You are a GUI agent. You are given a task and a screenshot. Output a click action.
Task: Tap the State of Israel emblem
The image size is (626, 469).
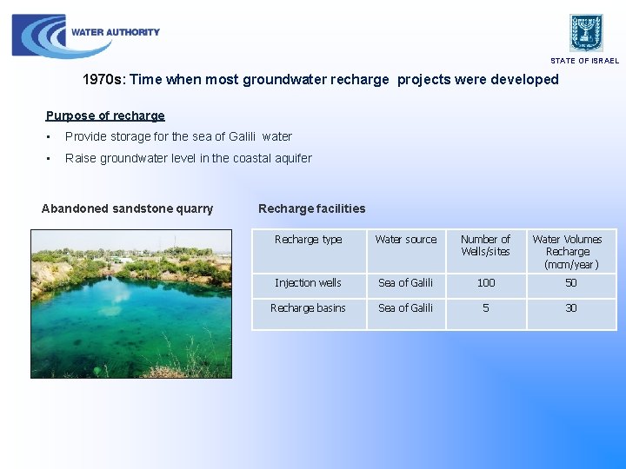click(x=586, y=32)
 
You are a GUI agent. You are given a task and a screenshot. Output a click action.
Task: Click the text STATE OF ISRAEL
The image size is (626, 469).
click(x=584, y=61)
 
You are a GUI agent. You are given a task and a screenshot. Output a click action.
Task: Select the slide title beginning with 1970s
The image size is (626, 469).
click(x=320, y=80)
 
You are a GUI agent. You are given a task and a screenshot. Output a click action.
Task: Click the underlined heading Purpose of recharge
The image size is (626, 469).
click(x=105, y=116)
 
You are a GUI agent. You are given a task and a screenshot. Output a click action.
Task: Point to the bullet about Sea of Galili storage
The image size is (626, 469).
click(x=178, y=136)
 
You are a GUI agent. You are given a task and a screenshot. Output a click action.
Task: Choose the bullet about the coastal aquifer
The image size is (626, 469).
click(x=188, y=158)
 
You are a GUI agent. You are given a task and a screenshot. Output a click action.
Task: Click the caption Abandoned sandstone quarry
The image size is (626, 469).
click(x=127, y=208)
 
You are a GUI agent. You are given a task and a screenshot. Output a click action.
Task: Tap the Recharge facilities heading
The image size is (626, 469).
click(x=311, y=208)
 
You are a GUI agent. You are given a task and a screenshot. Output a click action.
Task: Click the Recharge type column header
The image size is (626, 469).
click(x=308, y=240)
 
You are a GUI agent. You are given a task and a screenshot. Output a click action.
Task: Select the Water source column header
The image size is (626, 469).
click(x=406, y=240)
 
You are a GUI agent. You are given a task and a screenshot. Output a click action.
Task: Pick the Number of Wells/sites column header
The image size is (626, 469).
click(x=485, y=245)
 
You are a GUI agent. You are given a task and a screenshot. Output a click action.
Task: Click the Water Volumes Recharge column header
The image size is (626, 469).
click(x=567, y=251)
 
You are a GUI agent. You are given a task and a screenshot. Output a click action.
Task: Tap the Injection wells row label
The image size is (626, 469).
click(x=308, y=283)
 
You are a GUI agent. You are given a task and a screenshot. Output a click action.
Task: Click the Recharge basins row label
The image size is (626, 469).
click(x=308, y=308)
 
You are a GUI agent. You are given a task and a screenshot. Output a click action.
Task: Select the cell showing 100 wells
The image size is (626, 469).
click(x=486, y=283)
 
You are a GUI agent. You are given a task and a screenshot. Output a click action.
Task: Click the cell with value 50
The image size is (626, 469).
click(x=570, y=283)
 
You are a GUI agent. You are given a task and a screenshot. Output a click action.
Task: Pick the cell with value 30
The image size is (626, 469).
click(x=570, y=308)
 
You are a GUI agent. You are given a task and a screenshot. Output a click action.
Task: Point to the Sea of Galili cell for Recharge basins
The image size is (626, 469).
click(x=405, y=308)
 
